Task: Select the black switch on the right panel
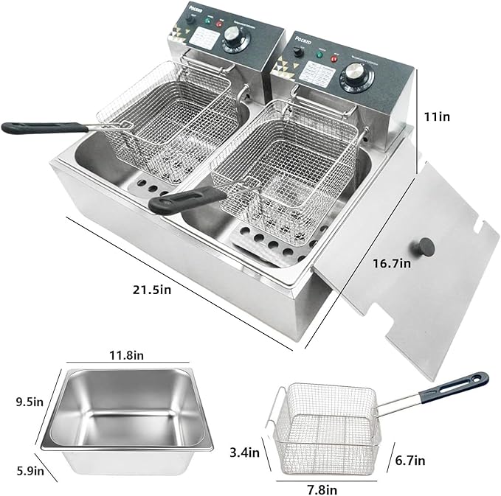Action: click(298, 52)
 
